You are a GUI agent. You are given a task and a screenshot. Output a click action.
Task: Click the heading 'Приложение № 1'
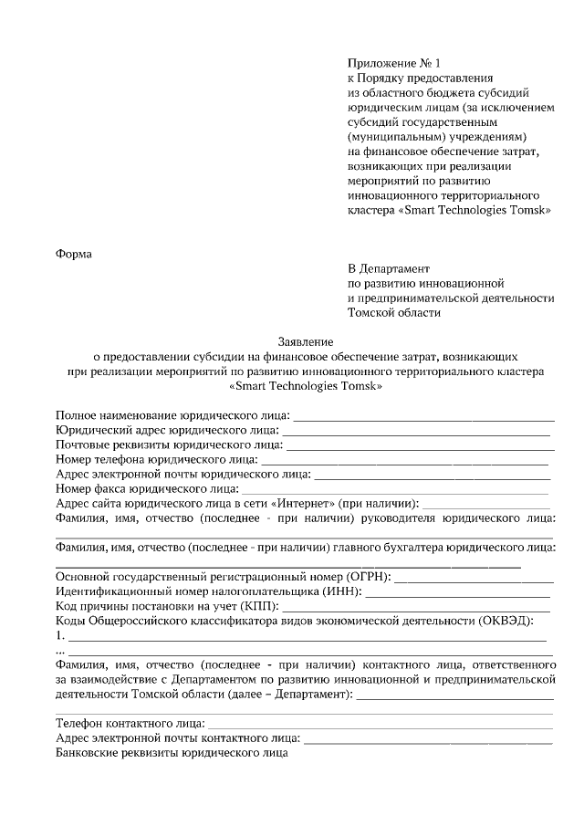coord(393,63)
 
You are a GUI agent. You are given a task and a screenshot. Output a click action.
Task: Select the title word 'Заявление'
coord(304,340)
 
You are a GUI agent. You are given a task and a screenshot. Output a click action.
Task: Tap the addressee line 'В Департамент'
coord(388,268)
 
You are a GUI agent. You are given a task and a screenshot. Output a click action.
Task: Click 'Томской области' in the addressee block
coord(394,312)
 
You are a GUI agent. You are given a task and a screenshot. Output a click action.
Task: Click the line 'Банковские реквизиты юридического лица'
coord(172,754)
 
